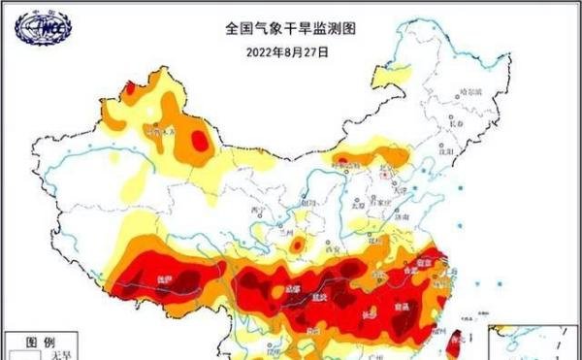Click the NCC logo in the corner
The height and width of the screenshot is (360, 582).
[43, 28]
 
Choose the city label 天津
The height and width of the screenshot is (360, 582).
[399, 190]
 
